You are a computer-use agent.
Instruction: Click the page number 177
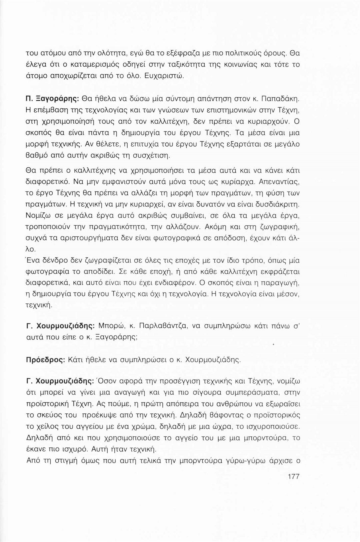(x=293, y=476)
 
